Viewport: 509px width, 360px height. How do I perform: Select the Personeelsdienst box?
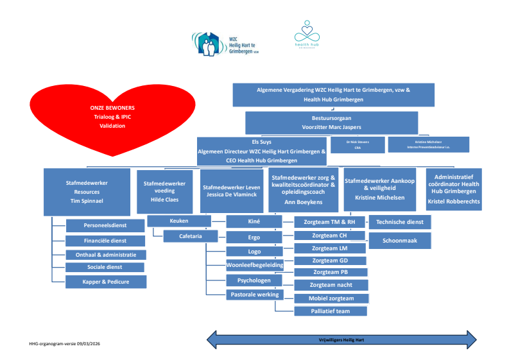click(105, 225)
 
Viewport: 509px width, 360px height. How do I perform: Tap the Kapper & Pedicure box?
click(105, 281)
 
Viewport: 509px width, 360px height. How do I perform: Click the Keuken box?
click(179, 221)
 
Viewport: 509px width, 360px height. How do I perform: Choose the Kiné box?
click(254, 221)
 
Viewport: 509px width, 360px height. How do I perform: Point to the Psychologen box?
click(254, 280)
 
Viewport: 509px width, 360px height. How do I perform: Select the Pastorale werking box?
click(254, 295)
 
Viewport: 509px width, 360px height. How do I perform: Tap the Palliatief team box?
click(331, 311)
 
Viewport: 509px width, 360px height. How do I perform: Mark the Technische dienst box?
click(400, 221)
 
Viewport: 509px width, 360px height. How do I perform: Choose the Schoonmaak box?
click(400, 240)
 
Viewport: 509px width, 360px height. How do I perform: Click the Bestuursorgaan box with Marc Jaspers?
click(331, 123)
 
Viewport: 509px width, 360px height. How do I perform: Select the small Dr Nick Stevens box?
click(358, 144)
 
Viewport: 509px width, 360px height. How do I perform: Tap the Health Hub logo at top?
click(306, 35)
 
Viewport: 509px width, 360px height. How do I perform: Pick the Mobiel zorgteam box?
click(331, 298)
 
